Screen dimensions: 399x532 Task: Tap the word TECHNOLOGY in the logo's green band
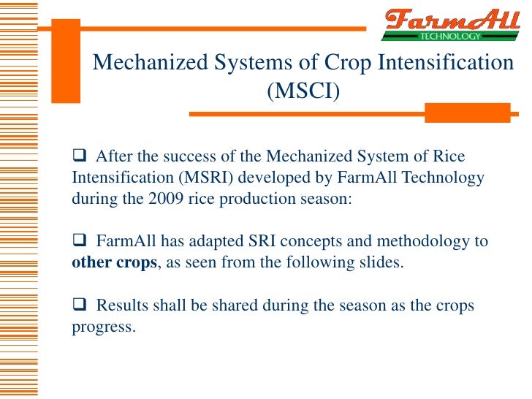pyautogui.click(x=449, y=36)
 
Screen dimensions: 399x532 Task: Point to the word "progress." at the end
pyautogui.click(x=104, y=327)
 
